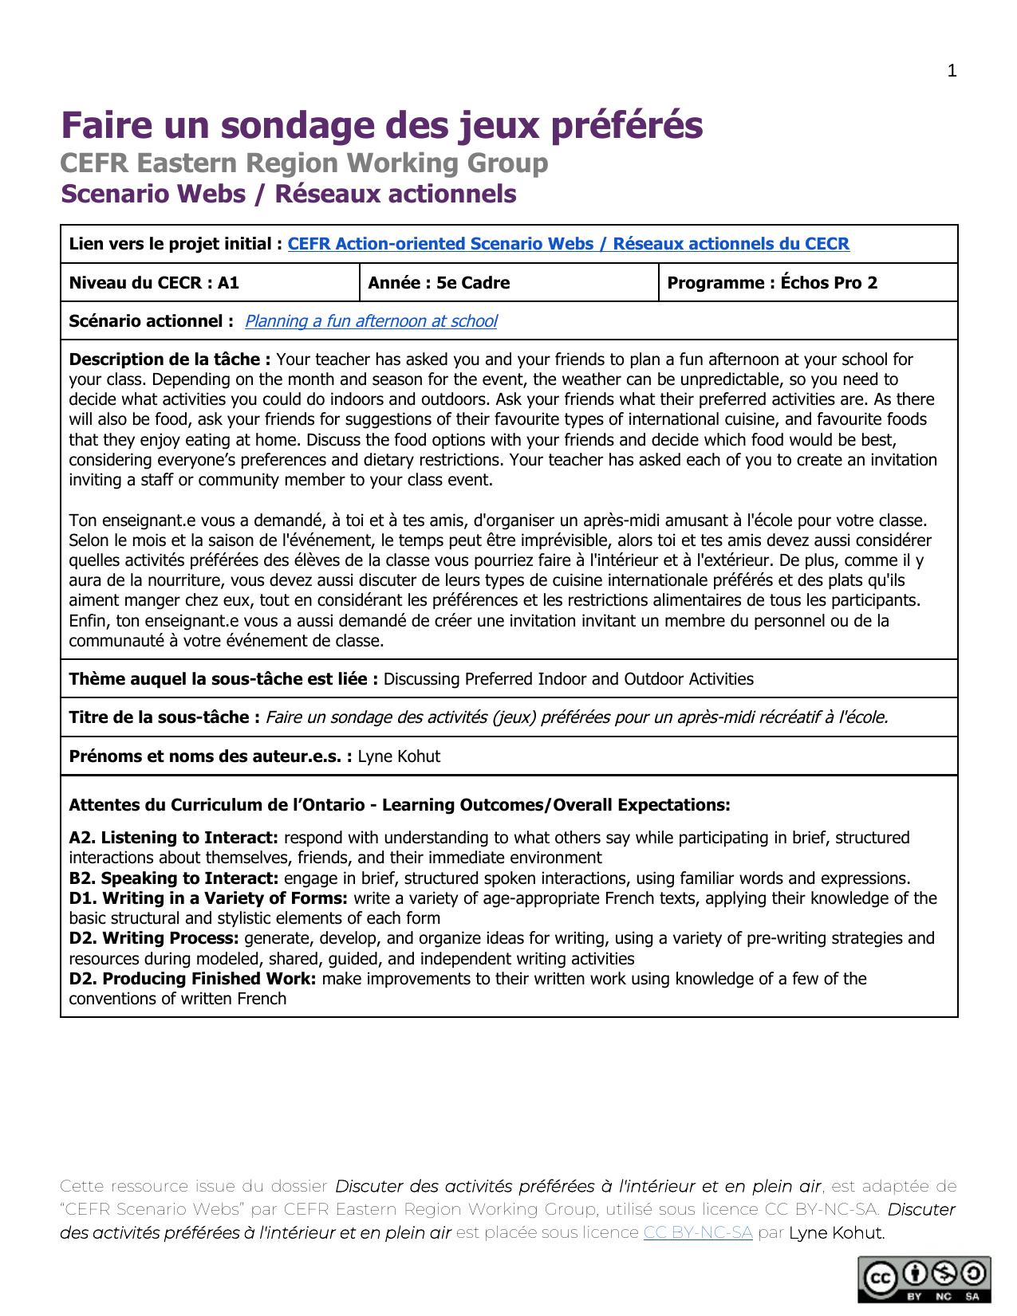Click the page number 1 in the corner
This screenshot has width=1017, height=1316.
(952, 71)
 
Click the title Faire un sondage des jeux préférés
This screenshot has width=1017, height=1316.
(382, 125)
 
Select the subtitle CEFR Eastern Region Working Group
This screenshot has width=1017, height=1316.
(304, 163)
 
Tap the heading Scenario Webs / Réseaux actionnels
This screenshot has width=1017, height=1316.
(289, 194)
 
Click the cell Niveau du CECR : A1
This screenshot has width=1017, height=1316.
(154, 283)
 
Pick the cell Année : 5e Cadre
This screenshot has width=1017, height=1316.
(439, 283)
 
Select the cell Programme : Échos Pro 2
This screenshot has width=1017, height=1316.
(772, 283)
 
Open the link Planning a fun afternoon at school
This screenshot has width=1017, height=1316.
(371, 321)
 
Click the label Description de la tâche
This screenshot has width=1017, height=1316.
(170, 359)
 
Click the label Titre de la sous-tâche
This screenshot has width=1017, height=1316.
(164, 717)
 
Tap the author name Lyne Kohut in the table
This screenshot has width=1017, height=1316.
(399, 756)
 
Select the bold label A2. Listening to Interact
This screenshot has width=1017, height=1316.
(173, 838)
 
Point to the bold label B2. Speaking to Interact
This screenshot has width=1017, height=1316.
(173, 878)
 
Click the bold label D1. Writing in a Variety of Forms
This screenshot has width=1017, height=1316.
(208, 898)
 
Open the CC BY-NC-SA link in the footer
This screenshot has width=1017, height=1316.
(698, 1232)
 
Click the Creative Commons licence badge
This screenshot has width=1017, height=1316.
(924, 1279)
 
